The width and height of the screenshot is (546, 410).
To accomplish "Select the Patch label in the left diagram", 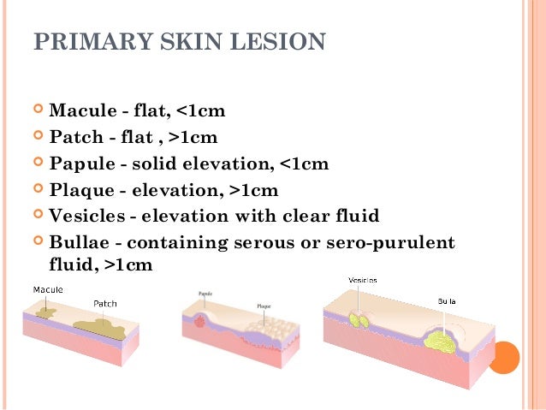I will click(104, 304).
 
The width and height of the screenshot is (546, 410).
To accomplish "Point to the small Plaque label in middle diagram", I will click(265, 305).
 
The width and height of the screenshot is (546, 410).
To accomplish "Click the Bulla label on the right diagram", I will click(446, 302).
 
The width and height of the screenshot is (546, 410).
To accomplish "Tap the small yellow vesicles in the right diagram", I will click(359, 320).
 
